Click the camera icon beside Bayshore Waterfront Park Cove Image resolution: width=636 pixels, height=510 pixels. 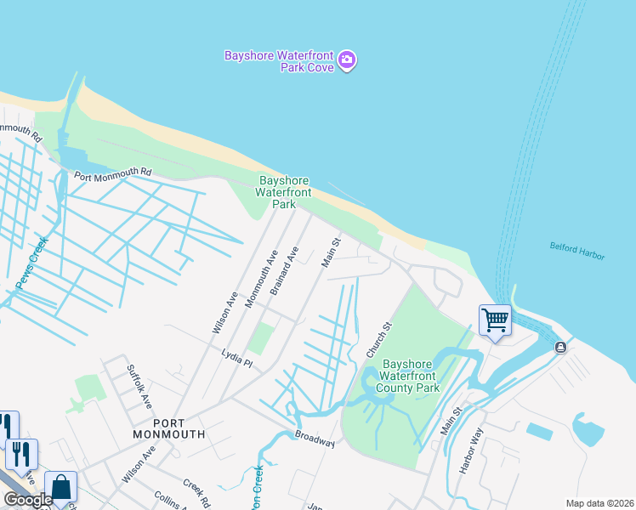[x=347, y=60]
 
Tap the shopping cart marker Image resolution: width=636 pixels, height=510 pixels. [x=495, y=320]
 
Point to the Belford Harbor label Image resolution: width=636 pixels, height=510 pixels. [x=577, y=251]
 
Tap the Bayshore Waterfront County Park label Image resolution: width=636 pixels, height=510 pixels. [x=410, y=377]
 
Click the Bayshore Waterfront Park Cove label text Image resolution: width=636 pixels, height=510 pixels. [x=278, y=61]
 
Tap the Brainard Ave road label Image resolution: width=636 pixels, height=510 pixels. [x=285, y=271]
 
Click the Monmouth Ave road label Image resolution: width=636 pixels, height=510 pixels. [x=260, y=280]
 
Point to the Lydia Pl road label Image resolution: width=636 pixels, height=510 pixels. [x=236, y=357]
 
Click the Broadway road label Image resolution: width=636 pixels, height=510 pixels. [x=315, y=439]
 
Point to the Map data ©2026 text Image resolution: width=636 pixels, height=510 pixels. [x=599, y=503]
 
